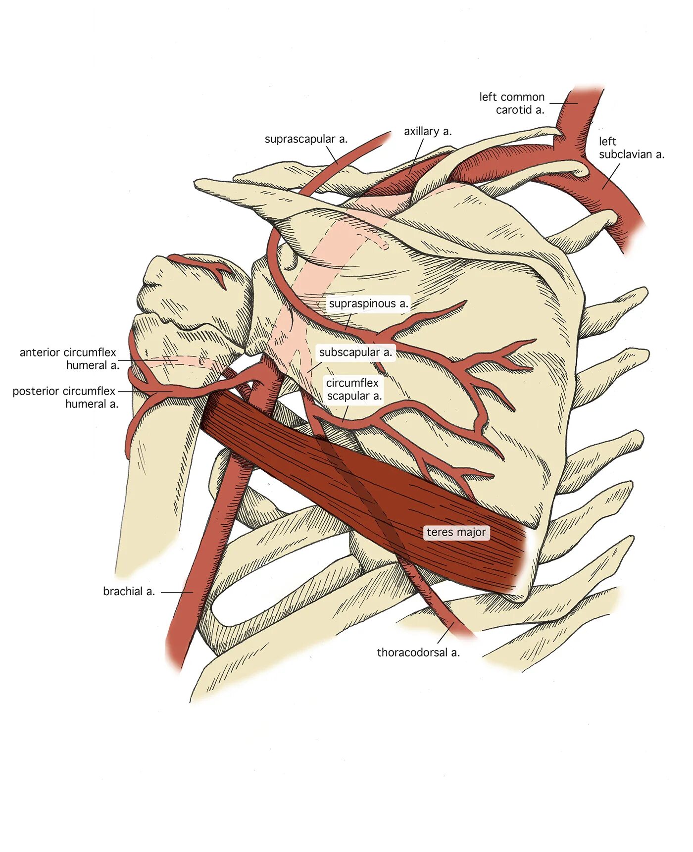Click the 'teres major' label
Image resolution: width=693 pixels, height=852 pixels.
click(456, 532)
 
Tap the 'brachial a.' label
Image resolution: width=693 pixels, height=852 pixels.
click(129, 591)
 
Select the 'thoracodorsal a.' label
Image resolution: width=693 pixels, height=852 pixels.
click(418, 652)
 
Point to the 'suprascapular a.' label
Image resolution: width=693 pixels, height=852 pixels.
click(306, 139)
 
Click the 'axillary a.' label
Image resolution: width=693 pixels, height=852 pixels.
click(428, 131)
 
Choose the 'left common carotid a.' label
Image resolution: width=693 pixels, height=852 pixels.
click(512, 103)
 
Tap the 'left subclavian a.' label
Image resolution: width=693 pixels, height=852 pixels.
click(631, 148)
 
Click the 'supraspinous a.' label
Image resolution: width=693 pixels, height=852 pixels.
click(369, 303)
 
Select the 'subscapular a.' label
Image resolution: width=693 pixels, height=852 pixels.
click(355, 352)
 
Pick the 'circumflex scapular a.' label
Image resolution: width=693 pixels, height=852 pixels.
click(354, 390)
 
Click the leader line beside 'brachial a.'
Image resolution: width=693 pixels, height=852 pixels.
click(177, 592)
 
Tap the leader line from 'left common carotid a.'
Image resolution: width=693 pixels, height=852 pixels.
click(563, 103)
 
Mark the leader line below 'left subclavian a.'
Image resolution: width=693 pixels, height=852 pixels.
click(611, 176)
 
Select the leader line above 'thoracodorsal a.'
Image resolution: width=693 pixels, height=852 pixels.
click(446, 633)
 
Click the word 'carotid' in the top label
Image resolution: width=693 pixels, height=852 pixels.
click(514, 110)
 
